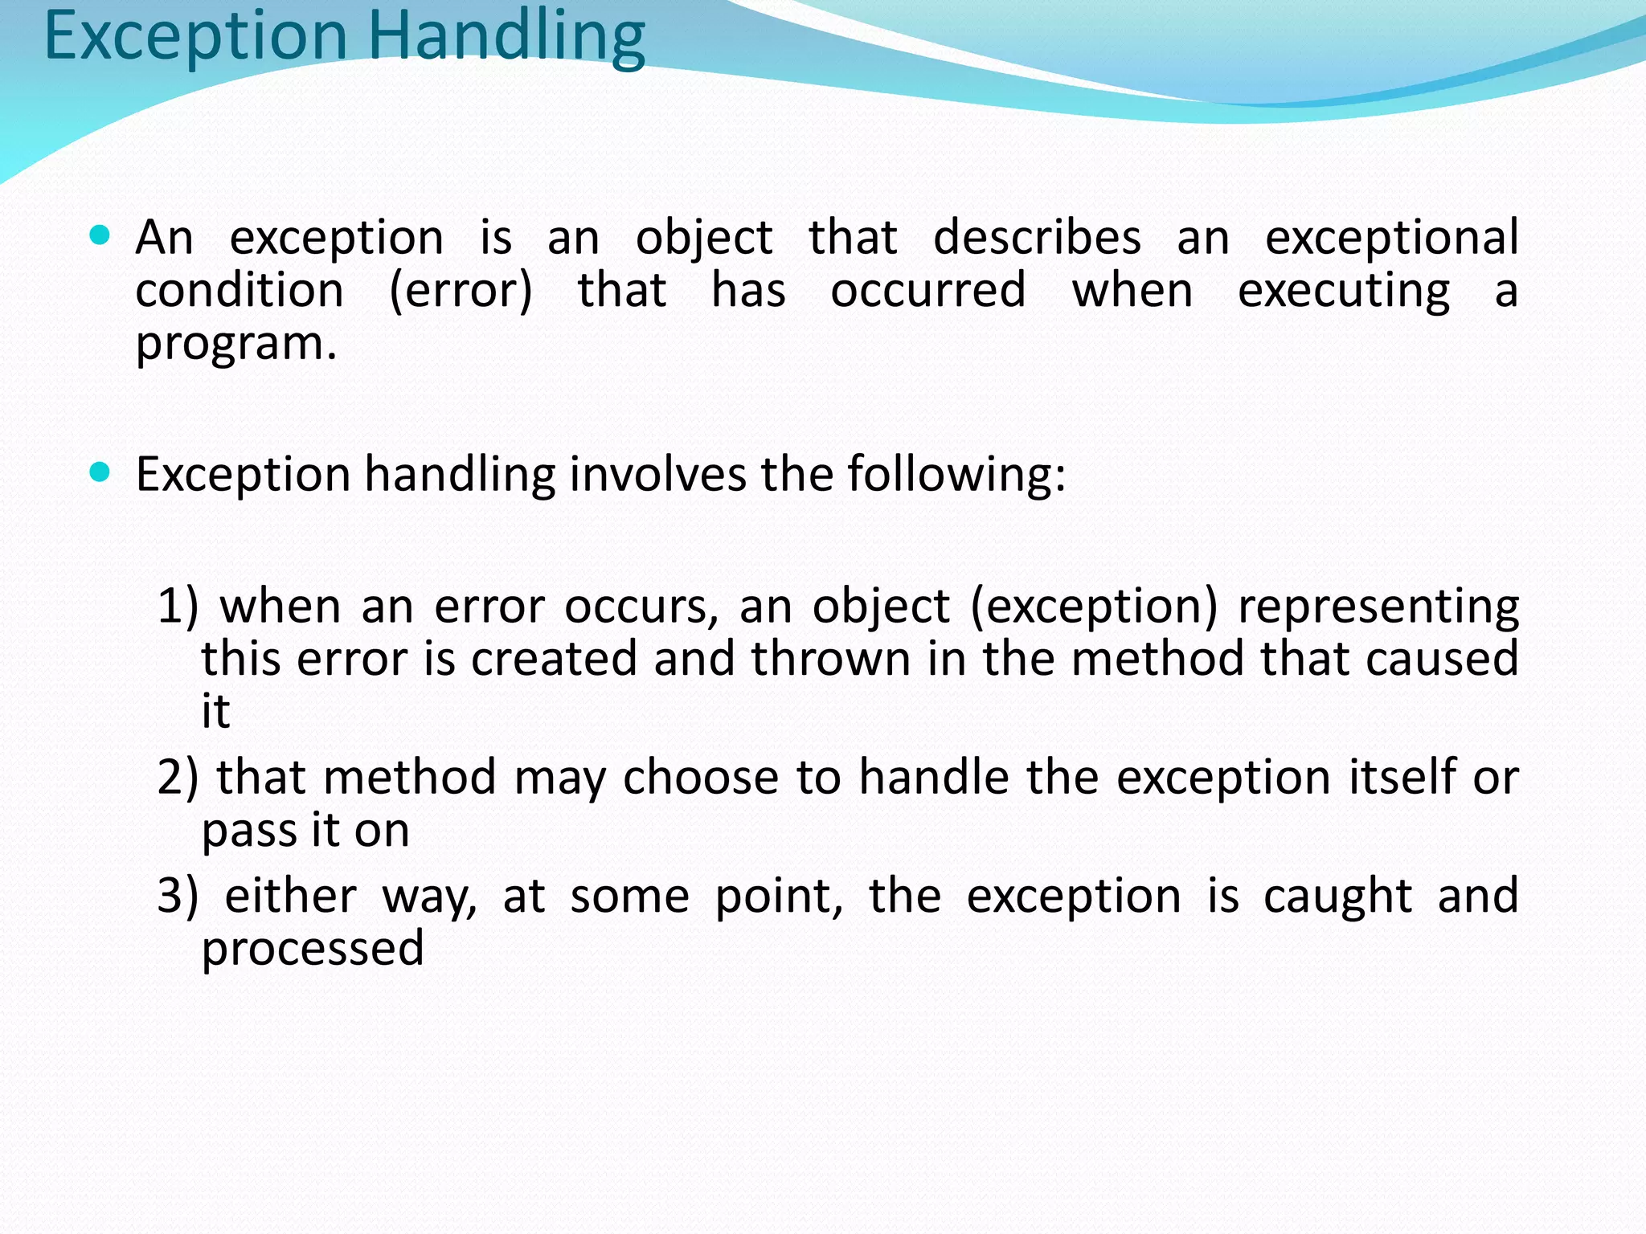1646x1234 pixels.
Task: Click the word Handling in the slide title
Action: coord(506,37)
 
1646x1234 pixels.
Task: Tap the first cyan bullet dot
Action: coord(100,235)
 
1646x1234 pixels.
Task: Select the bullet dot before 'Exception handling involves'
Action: coord(100,472)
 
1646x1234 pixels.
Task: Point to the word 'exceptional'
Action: coord(1391,239)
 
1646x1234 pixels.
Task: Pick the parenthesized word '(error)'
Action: coord(461,291)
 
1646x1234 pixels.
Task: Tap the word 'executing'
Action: coord(1344,291)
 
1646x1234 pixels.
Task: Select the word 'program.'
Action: coord(236,344)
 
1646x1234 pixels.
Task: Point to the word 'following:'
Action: coord(956,474)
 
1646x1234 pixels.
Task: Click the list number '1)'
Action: coord(178,606)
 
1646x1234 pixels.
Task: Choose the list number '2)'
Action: coord(178,777)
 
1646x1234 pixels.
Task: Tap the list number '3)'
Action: coord(178,896)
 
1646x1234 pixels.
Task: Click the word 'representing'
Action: coord(1378,607)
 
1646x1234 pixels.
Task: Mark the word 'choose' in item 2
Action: coord(700,778)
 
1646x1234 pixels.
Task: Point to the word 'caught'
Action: coord(1337,896)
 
